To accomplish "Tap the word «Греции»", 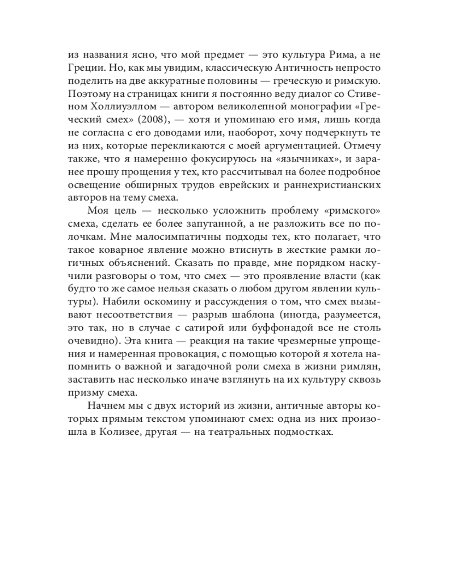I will click(x=85, y=68).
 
